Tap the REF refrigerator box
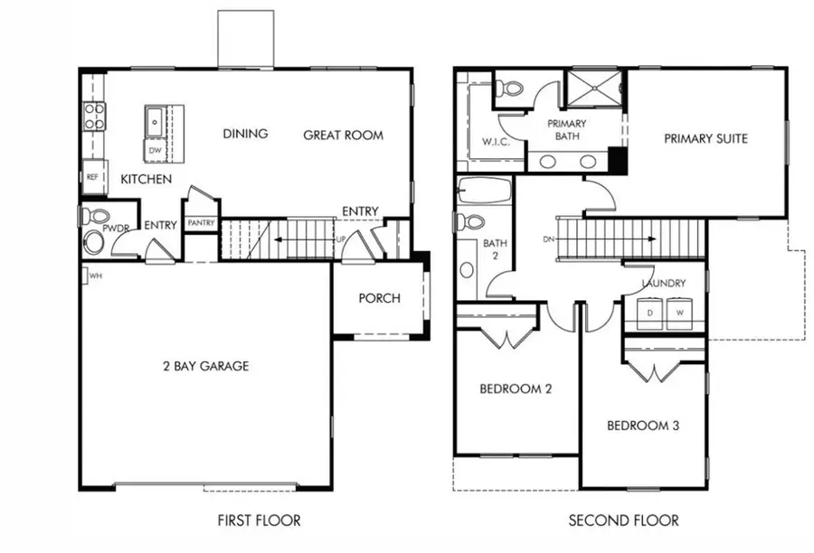click(92, 177)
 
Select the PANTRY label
click(201, 222)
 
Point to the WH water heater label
click(95, 276)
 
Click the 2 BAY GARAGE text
click(205, 366)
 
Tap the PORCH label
click(379, 298)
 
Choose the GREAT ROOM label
click(343, 136)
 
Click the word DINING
click(245, 134)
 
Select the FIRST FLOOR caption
click(259, 520)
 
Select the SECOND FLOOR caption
click(623, 520)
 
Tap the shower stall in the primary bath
click(594, 89)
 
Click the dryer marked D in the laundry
click(649, 313)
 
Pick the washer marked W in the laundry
click(681, 313)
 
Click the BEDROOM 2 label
click(515, 389)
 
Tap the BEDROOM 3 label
click(642, 426)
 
